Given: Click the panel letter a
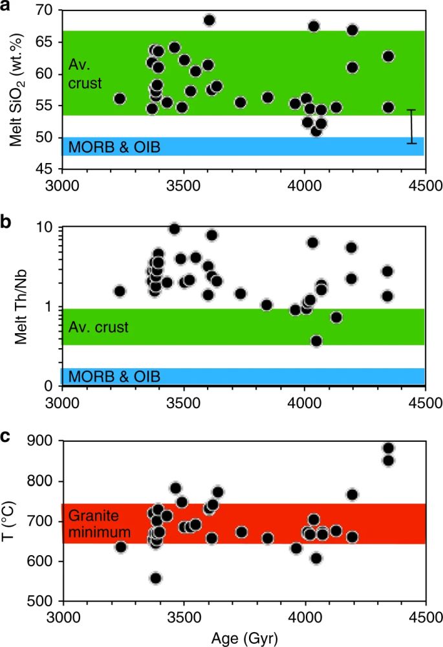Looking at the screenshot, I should [x=6, y=7].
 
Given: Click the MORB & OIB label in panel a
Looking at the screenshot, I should [x=114, y=148].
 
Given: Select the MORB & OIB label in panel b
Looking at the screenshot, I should [x=114, y=377].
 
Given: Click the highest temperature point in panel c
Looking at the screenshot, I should [x=389, y=448].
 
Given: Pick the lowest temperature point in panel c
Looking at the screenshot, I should [x=155, y=578].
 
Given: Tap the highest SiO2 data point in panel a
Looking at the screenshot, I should [x=209, y=20].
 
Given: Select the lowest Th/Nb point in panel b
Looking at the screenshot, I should [x=316, y=341].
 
